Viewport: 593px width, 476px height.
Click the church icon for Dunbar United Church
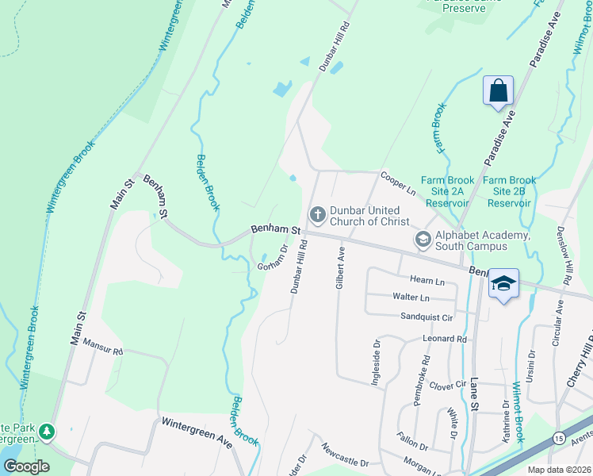tap(317, 214)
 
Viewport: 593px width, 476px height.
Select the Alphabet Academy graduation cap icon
tap(423, 238)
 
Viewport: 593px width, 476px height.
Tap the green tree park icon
tap(48, 432)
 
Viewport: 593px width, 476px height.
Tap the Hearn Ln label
tap(427, 280)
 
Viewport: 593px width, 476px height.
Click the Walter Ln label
tap(411, 297)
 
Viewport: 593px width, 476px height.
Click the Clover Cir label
tap(446, 385)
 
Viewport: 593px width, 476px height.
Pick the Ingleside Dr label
tap(375, 364)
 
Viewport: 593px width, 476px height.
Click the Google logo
tap(26, 466)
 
